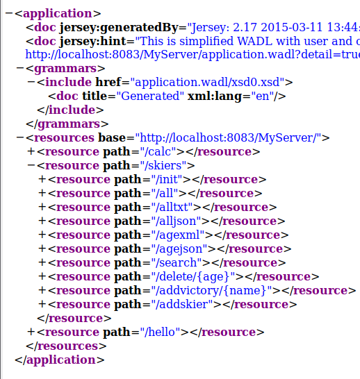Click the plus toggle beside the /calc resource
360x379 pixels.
31,151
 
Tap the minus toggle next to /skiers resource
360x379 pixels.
31,166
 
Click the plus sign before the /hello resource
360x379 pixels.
31,332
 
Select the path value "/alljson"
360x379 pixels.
177,221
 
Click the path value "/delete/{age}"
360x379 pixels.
193,276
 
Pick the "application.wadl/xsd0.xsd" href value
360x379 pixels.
207,82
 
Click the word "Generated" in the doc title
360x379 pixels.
150,96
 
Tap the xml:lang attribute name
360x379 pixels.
215,96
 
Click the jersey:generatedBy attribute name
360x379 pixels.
119,28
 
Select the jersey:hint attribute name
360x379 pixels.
93,42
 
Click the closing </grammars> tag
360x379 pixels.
67,124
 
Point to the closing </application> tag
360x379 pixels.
60,360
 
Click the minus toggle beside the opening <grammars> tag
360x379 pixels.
20,69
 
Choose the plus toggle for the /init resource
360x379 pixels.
42,179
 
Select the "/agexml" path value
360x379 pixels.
178,235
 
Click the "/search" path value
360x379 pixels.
177,263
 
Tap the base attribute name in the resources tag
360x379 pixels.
112,137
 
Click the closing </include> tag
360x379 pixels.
70,110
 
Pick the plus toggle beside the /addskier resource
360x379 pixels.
42,304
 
